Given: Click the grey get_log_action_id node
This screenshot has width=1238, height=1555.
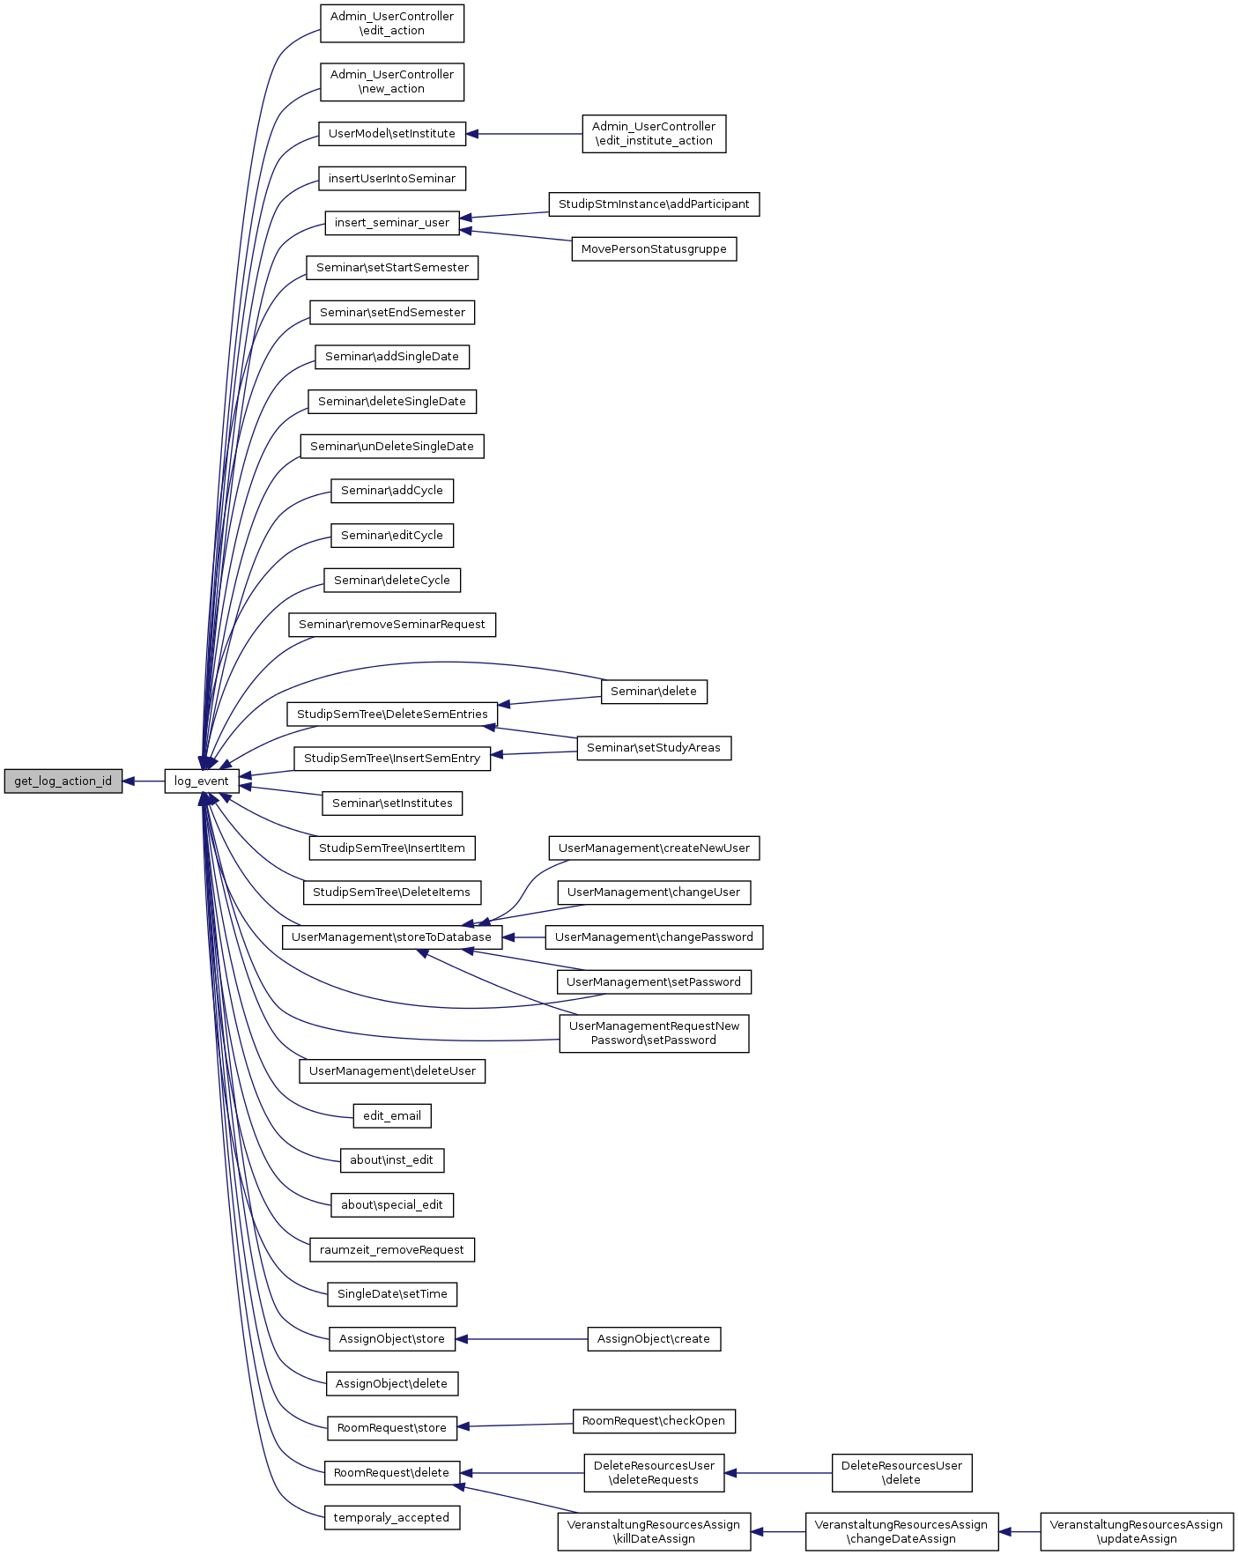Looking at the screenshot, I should [x=63, y=781].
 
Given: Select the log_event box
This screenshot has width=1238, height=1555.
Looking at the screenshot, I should [x=202, y=781].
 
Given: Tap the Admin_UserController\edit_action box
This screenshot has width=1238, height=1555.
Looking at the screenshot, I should [x=392, y=24].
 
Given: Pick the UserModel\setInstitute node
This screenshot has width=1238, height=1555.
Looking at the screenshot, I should [x=392, y=134].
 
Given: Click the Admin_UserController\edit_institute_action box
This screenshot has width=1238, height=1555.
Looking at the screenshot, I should [x=654, y=134].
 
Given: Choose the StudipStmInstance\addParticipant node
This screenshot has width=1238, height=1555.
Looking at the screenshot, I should [x=654, y=204].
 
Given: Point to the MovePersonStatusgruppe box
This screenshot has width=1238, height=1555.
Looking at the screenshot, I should [x=654, y=249].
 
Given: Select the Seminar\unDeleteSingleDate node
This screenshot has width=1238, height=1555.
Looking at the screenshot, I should [x=392, y=447].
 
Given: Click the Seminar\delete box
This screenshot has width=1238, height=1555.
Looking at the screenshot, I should [x=654, y=692].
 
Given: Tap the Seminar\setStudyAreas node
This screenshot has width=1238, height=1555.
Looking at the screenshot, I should [x=654, y=748].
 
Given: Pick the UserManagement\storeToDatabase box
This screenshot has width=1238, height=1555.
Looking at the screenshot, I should [x=392, y=937].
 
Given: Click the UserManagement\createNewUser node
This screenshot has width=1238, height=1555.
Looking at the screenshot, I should [x=654, y=848].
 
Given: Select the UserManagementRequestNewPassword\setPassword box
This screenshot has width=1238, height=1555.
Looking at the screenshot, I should [x=654, y=1033].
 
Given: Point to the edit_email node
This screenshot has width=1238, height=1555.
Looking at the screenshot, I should [x=392, y=1116].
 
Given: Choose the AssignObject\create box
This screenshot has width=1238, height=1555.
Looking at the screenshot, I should [x=654, y=1339].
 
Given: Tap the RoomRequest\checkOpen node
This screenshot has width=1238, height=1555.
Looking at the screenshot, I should [x=654, y=1421].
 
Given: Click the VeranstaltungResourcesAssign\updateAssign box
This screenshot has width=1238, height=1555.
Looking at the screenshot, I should [x=1137, y=1532].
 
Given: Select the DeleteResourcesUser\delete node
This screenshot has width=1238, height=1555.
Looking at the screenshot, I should [x=901, y=1473].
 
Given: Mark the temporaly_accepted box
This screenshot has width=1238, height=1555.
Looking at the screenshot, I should [x=392, y=1518].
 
